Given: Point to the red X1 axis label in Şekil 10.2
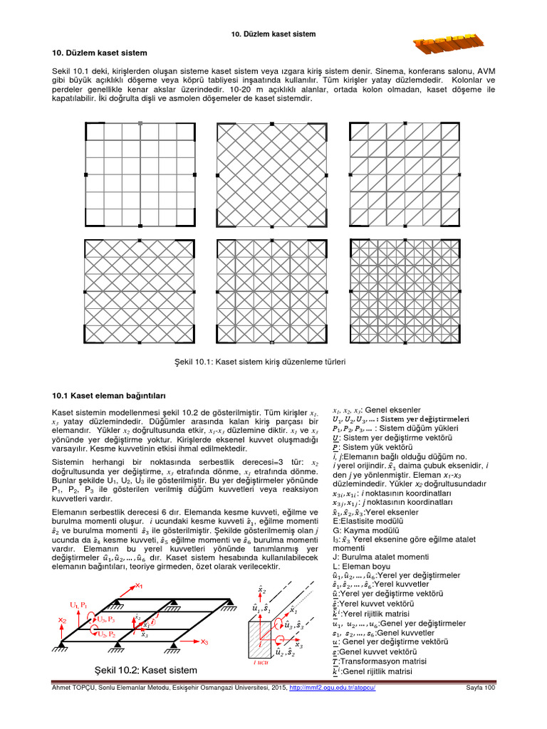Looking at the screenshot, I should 139,585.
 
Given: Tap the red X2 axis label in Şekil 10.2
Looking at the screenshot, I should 63,621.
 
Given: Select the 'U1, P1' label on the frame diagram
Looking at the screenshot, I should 78,604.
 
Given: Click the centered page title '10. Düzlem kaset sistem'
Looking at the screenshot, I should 273,34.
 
